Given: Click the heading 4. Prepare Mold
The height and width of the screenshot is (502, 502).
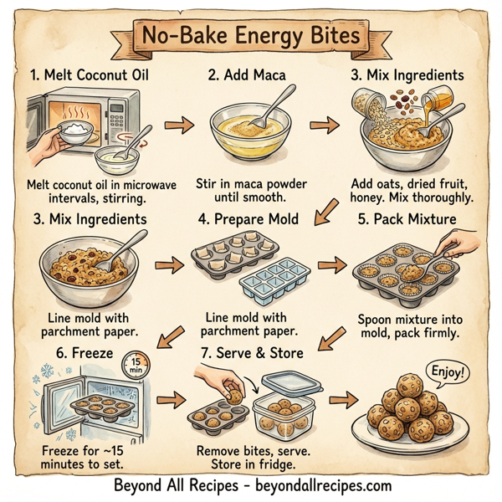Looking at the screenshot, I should [249, 219].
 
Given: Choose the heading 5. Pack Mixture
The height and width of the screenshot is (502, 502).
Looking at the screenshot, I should [407, 219].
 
